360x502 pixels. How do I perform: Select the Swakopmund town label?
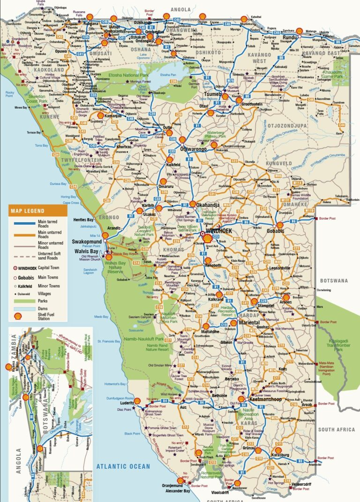pyautogui.click(x=86, y=242)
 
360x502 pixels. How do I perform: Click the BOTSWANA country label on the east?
pyautogui.click(x=334, y=281)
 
